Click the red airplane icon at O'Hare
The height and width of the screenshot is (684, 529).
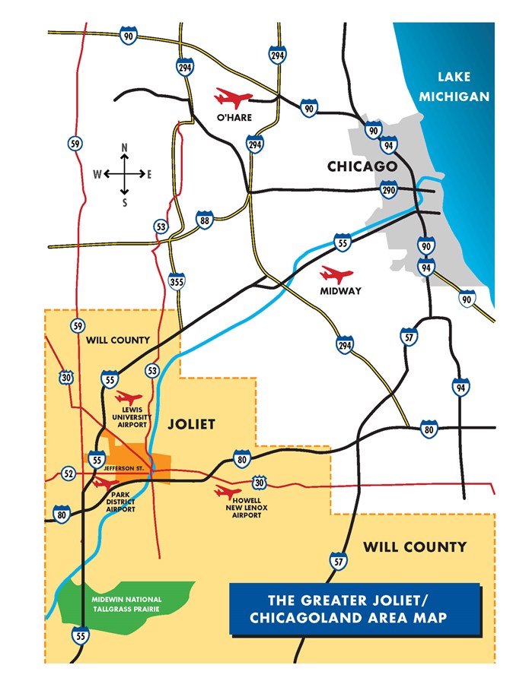click(x=233, y=97)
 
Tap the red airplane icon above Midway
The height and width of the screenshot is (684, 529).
click(x=337, y=274)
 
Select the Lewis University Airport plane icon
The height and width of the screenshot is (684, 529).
click(x=127, y=397)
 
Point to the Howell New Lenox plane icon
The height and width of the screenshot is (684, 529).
click(x=228, y=491)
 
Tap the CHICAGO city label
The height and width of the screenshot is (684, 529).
click(x=362, y=166)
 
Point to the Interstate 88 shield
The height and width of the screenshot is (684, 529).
click(x=204, y=220)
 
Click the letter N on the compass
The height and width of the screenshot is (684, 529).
click(x=125, y=146)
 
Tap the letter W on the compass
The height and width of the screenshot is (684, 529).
click(x=97, y=174)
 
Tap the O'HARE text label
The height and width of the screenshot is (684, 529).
click(x=234, y=117)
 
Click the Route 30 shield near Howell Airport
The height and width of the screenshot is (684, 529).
click(x=260, y=482)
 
